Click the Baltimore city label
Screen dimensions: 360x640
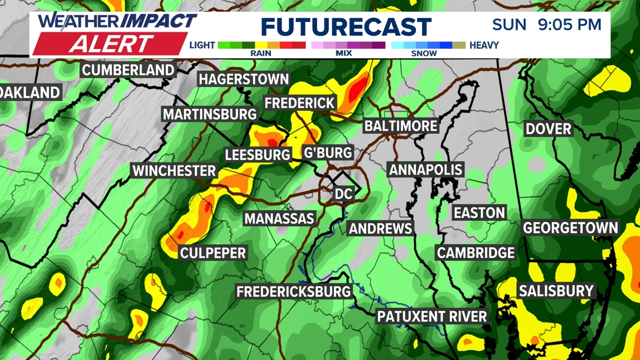coord(400,125)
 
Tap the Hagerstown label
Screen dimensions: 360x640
coord(244,79)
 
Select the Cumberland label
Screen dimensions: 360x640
coord(129,70)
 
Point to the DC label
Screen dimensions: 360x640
coord(343,194)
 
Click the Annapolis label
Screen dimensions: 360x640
coord(426,170)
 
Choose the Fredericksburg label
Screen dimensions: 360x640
coord(293,291)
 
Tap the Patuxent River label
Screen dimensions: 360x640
coord(432,316)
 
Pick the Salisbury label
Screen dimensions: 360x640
coord(556,291)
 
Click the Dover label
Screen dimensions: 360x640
coord(548,129)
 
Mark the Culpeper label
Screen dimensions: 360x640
coord(213,253)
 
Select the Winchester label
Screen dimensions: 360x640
coord(174,171)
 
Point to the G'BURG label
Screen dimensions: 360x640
coord(327,152)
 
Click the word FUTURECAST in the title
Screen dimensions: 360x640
coord(346,27)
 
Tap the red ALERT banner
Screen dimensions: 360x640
coord(111,43)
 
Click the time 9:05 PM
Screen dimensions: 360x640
coord(569,25)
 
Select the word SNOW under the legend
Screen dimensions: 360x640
coord(424,53)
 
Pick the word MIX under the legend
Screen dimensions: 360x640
coord(344,53)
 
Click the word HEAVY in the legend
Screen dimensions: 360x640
coord(484,45)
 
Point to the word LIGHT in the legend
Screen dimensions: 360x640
coord(202,45)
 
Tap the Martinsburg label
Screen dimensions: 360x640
coord(209,115)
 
